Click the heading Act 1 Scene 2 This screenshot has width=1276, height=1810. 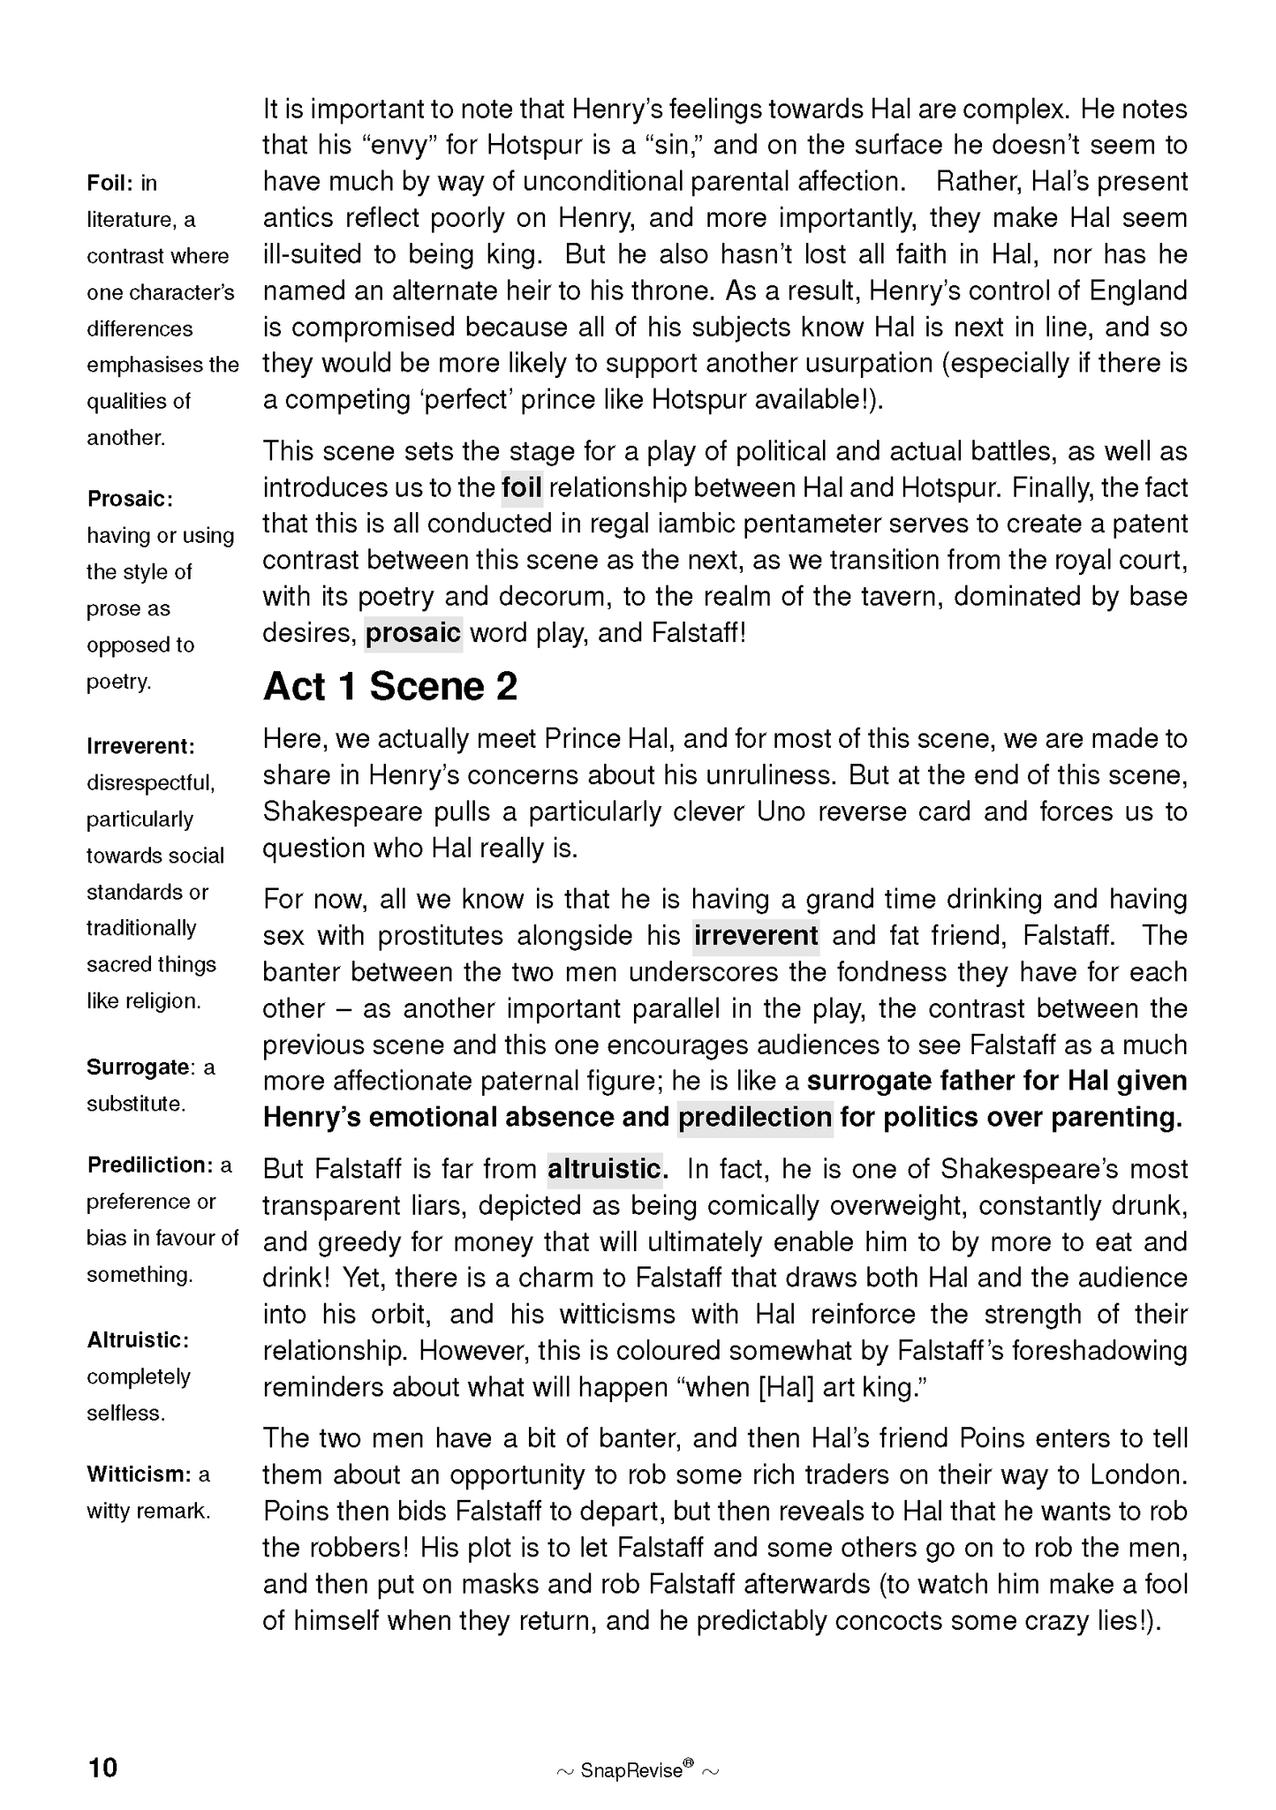coord(390,687)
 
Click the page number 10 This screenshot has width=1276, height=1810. coord(102,1768)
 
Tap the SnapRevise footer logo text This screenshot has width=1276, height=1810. coord(631,1769)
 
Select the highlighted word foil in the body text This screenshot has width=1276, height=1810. coord(521,487)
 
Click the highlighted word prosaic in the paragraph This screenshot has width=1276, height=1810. coord(413,633)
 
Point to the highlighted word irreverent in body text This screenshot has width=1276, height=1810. coord(756,935)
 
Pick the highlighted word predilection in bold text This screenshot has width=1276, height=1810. coord(755,1117)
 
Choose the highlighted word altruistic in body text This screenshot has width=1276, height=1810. coord(605,1169)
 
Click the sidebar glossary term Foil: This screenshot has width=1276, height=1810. coord(109,183)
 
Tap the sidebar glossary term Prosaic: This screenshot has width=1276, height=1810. coord(130,499)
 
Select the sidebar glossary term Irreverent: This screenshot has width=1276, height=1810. coord(140,746)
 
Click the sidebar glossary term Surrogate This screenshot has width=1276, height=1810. coord(138,1067)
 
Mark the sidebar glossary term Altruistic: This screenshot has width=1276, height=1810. coord(138,1340)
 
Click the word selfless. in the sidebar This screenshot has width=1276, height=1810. coord(125,1413)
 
